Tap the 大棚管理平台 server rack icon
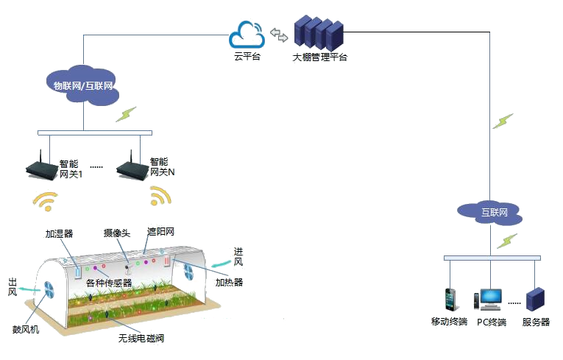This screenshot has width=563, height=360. [319, 33]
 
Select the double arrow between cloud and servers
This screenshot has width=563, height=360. [279, 35]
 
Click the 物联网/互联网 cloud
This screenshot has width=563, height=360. [83, 85]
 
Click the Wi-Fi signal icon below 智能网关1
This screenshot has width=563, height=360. [45, 201]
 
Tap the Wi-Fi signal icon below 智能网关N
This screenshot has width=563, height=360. [160, 195]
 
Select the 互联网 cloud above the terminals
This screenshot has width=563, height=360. [489, 213]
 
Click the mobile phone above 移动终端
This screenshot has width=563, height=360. [450, 300]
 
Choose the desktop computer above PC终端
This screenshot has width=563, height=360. [488, 300]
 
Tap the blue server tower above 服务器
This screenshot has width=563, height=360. [535, 299]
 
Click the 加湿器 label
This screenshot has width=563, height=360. [60, 234]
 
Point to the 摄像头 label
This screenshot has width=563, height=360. [117, 233]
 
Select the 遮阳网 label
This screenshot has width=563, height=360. [161, 232]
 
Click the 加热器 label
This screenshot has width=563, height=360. [229, 283]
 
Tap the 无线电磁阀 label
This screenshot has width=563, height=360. [141, 338]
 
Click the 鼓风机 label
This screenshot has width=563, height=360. [26, 329]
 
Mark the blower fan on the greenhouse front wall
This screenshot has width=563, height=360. [49, 290]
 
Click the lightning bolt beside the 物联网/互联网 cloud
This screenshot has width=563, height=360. [126, 114]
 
